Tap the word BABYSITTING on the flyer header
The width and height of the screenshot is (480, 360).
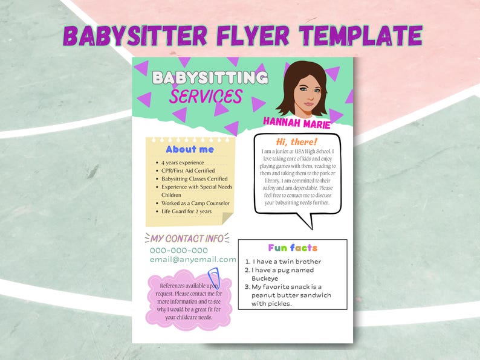click(x=210, y=78)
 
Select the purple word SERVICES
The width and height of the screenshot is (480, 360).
click(x=206, y=97)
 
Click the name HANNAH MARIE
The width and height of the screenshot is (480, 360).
click(x=297, y=124)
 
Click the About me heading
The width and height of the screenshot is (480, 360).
click(x=189, y=149)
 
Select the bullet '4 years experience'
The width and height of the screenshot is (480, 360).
click(x=183, y=163)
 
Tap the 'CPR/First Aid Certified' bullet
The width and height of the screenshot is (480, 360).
click(x=188, y=171)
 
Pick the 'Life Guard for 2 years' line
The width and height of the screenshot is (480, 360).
click(x=186, y=211)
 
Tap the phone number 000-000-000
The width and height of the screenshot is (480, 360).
click(x=179, y=250)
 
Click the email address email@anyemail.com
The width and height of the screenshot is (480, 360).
click(x=193, y=259)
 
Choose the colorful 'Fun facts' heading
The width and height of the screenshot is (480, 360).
click(x=293, y=248)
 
